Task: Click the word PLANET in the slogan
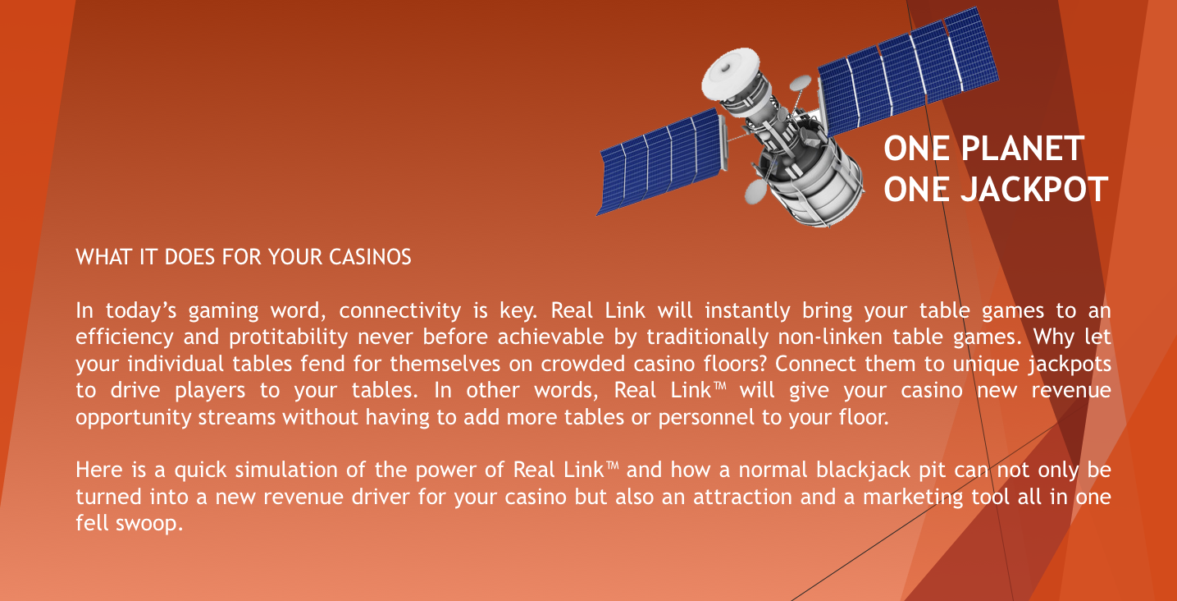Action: coord(1023,149)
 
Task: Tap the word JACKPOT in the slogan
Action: coord(1034,190)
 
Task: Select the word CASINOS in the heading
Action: coord(370,257)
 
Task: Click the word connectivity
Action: coord(400,311)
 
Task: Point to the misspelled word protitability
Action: coord(289,337)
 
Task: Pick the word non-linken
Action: coord(830,337)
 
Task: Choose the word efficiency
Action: coord(125,337)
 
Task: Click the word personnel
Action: coord(706,417)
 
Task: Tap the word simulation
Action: coord(285,470)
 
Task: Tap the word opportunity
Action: coord(134,417)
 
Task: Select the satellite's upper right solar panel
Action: coord(908,71)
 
